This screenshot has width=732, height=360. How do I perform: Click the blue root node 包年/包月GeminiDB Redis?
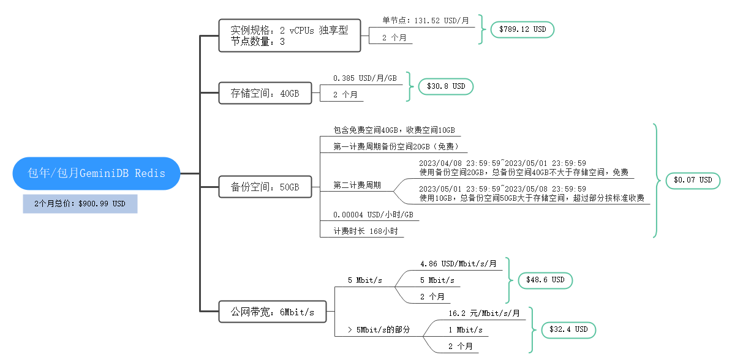[x=97, y=173]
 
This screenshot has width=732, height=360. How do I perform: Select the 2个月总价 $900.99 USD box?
[x=80, y=204]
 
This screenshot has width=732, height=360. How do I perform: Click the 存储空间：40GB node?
[x=265, y=94]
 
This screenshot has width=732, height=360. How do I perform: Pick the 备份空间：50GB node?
[x=265, y=187]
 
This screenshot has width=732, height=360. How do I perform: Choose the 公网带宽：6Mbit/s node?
[x=272, y=312]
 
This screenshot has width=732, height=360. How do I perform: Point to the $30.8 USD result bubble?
[x=445, y=86]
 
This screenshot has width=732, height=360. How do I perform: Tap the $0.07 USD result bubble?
[x=693, y=180]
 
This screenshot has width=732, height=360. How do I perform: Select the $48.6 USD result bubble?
[x=545, y=280]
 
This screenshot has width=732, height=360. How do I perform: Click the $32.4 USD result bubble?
[x=568, y=329]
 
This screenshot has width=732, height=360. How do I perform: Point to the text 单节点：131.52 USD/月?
[x=426, y=20]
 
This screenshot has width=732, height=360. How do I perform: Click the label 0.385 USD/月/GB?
[x=365, y=78]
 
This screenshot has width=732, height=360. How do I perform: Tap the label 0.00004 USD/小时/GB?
[x=373, y=215]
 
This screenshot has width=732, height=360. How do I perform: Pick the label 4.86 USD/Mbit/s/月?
[x=458, y=264]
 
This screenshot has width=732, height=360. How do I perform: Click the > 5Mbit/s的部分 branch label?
[x=379, y=329]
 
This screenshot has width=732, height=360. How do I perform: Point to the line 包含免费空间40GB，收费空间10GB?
[x=394, y=130]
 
